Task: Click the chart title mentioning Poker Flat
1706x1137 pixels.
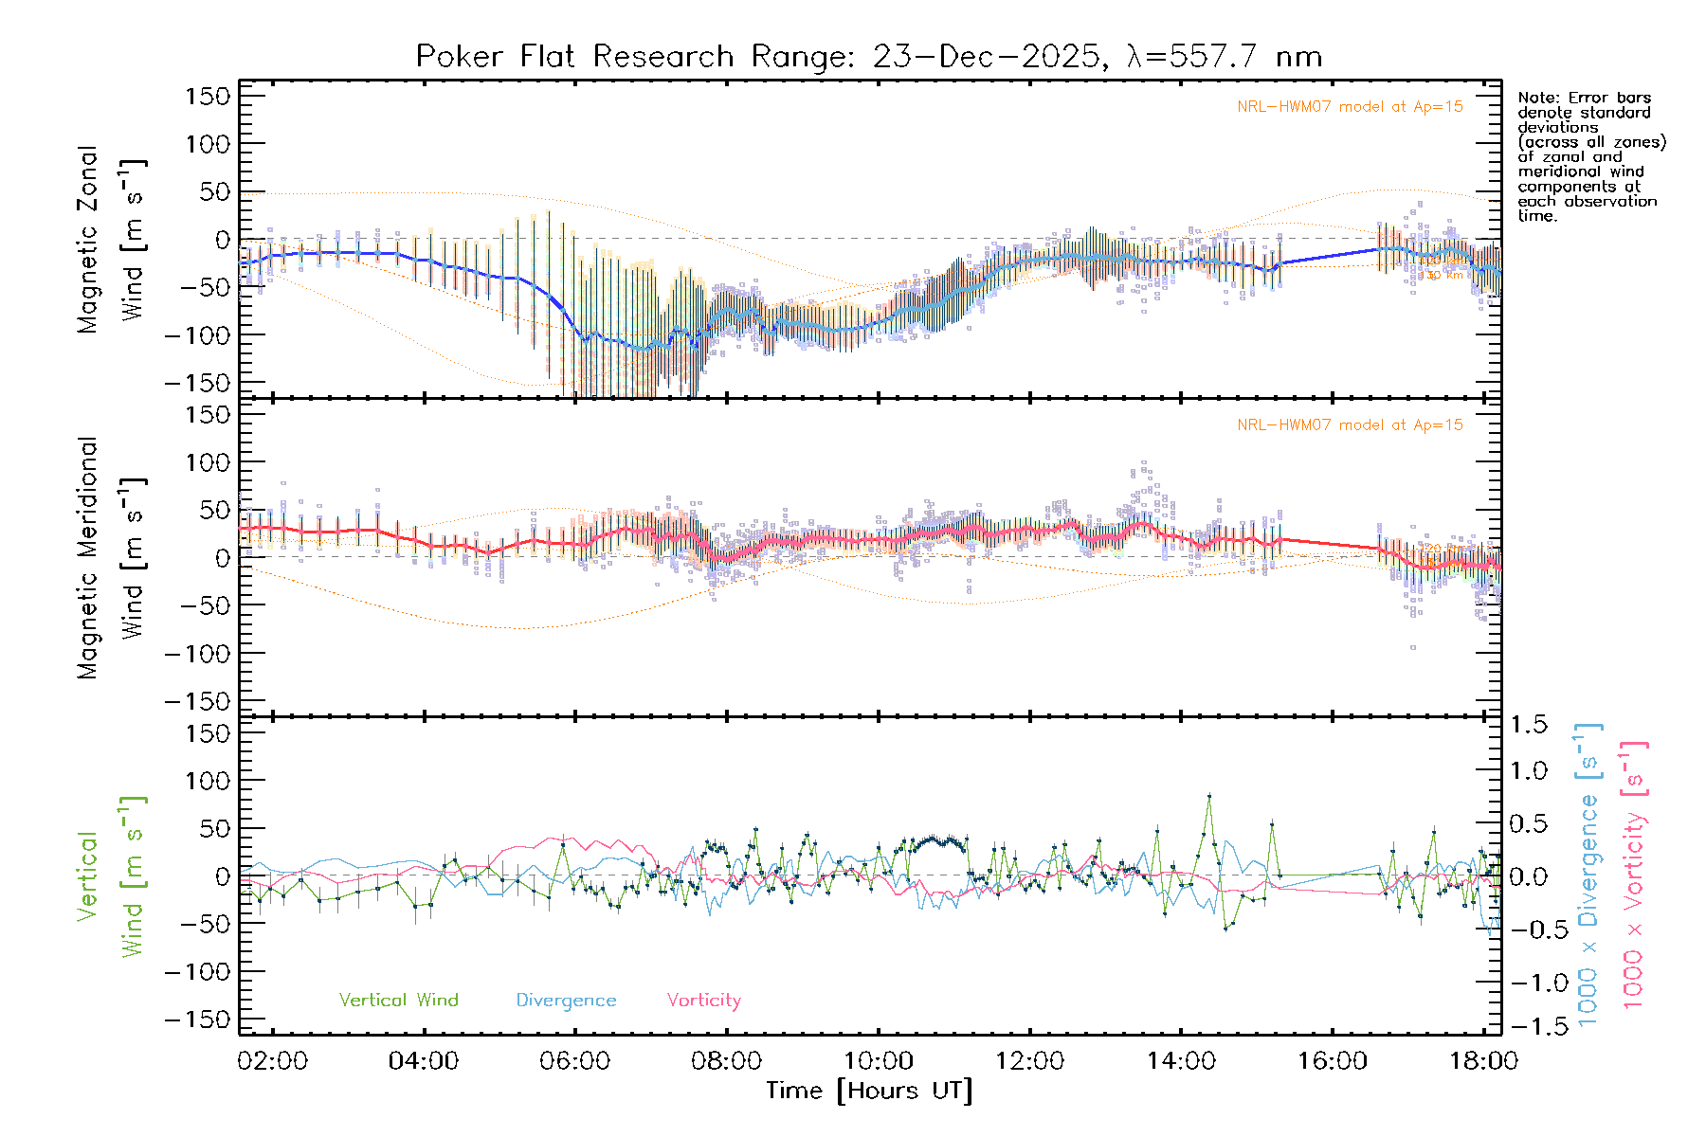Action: [868, 57]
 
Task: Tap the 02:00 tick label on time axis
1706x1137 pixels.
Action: [273, 1061]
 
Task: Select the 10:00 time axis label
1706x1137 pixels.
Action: [879, 1061]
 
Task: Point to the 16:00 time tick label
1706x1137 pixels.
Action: [1333, 1061]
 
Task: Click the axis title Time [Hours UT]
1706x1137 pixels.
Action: [868, 1092]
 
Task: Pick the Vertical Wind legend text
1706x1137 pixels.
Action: [398, 1001]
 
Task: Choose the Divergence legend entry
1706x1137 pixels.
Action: [566, 1001]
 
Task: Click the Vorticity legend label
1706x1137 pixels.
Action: [703, 1001]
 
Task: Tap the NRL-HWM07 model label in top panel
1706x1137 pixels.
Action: [1350, 107]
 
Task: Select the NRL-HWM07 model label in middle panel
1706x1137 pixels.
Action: [1350, 425]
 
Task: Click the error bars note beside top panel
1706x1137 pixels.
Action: [1590, 156]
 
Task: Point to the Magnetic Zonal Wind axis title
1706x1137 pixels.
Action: [112, 240]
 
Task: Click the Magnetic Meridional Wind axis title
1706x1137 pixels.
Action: [112, 558]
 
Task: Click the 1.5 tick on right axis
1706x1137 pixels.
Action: [1529, 725]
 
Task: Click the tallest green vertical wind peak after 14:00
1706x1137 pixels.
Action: [1208, 796]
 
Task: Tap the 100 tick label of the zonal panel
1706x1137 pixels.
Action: [209, 144]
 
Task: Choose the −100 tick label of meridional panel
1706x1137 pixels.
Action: [198, 654]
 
